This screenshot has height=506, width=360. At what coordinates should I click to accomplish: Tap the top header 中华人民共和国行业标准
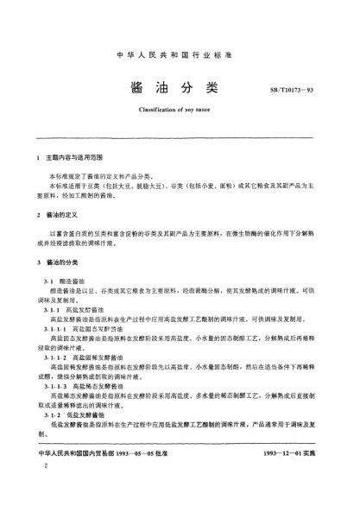click(x=180, y=56)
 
